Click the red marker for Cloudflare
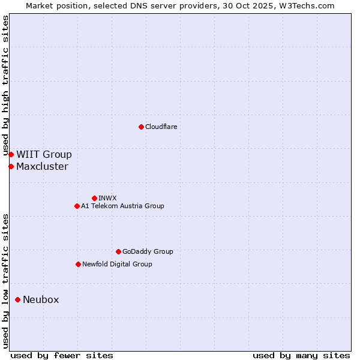click(x=141, y=127)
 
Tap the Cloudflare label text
click(x=161, y=127)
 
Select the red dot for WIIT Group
click(x=11, y=155)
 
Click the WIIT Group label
click(x=44, y=155)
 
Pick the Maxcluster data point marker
click(x=11, y=166)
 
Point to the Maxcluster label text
click(x=42, y=167)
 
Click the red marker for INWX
click(x=94, y=198)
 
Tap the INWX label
click(x=107, y=198)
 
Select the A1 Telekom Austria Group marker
click(x=77, y=206)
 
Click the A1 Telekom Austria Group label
click(x=122, y=206)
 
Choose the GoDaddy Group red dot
click(x=118, y=251)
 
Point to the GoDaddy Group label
click(x=148, y=251)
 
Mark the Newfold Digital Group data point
click(x=78, y=264)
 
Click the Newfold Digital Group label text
click(x=117, y=264)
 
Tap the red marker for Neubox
click(x=17, y=299)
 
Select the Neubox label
click(x=41, y=300)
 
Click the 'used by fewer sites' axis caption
click(x=62, y=355)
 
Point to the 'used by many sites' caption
click(x=301, y=355)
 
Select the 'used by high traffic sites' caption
click(x=5, y=86)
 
